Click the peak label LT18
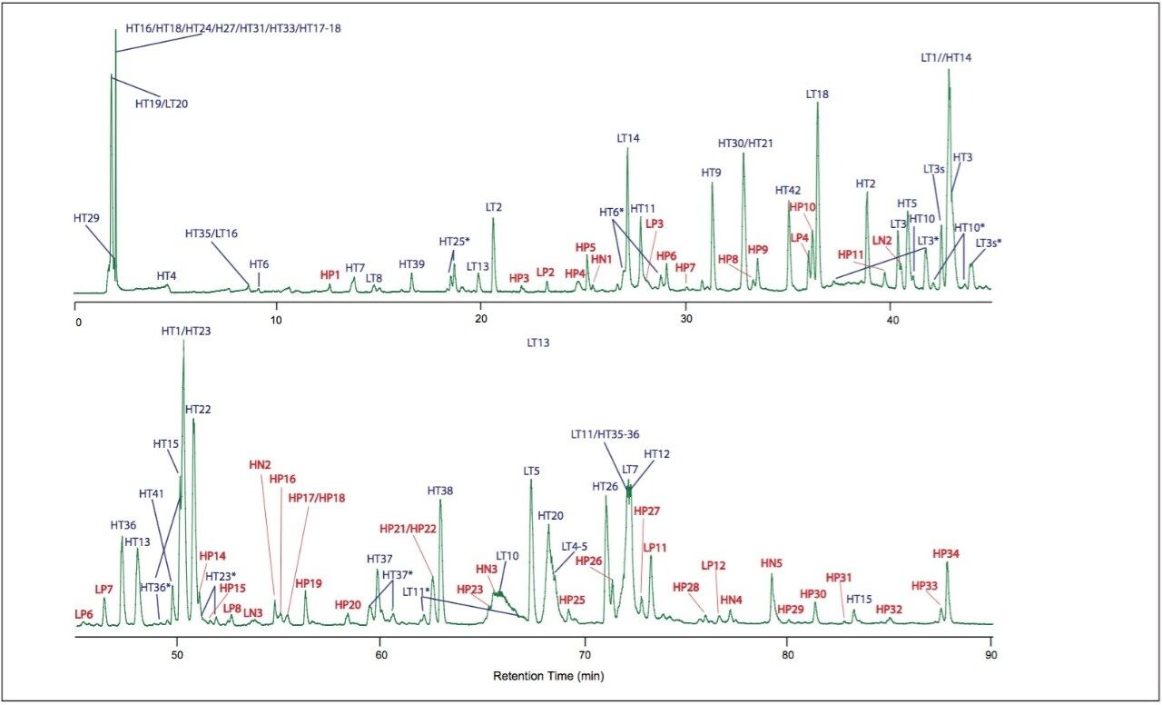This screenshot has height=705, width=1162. [817, 94]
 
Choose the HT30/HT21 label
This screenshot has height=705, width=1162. [744, 144]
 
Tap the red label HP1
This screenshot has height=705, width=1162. [330, 273]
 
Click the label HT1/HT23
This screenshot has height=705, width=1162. [185, 332]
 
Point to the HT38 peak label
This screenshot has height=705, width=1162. [440, 491]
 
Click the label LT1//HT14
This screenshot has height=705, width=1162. [946, 58]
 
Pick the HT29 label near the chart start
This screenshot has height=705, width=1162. [89, 219]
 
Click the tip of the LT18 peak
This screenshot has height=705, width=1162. [817, 103]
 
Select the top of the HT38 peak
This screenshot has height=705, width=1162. [440, 500]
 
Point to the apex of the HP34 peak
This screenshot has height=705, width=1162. [947, 562]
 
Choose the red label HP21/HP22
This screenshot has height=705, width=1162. [409, 529]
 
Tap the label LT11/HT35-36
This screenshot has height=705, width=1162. [606, 436]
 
